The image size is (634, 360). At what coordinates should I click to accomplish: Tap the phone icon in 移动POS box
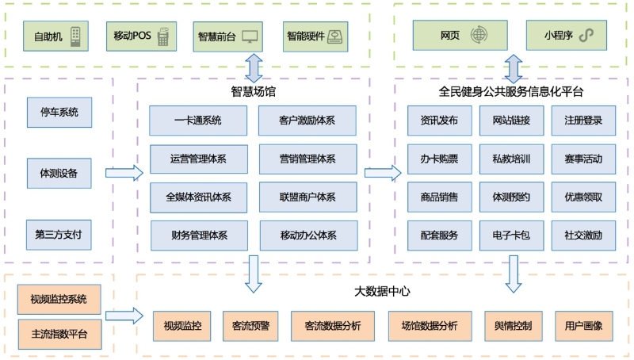click(163, 36)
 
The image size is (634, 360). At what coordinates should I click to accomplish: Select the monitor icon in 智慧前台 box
click(250, 36)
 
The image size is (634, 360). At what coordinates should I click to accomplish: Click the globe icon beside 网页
click(479, 36)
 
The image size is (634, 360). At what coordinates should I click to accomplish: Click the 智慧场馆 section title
click(254, 92)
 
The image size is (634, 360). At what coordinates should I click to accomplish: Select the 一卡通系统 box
click(198, 121)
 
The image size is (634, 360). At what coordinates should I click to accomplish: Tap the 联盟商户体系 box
click(307, 197)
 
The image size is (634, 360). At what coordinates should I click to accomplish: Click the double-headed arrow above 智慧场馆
click(254, 68)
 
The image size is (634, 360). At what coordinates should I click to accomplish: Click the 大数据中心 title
click(382, 291)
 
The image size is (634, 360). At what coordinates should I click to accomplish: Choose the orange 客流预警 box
click(250, 326)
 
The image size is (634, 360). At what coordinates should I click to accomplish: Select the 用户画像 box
click(583, 326)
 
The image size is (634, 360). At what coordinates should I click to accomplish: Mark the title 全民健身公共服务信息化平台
click(511, 92)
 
